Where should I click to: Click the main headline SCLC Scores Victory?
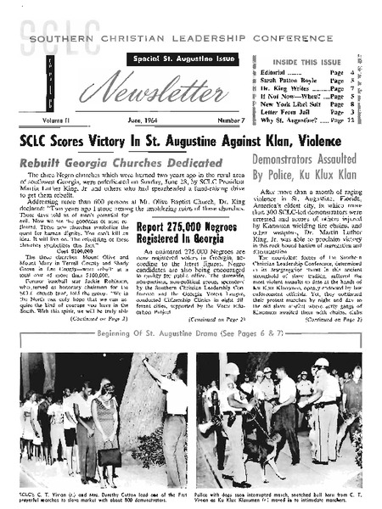pyautogui.click(x=190, y=141)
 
